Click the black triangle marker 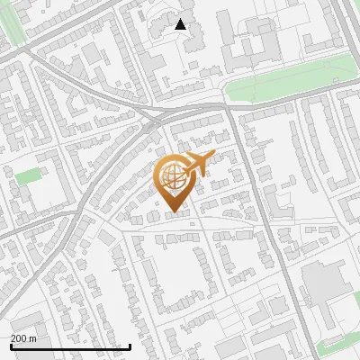click(181, 24)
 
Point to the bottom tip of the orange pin click(173, 212)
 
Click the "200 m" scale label click(23, 338)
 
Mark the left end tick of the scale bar click(11, 346)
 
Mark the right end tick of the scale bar click(130, 346)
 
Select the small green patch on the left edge click(28, 175)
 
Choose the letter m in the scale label click(32, 338)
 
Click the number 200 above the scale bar click(19, 338)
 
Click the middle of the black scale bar click(70, 347)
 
